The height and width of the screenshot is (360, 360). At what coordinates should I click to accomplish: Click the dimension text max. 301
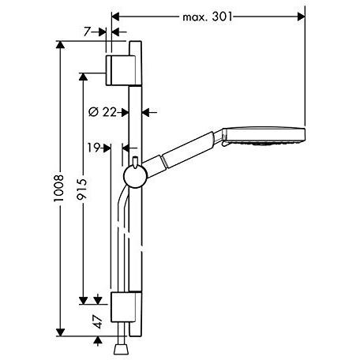tap(208, 15)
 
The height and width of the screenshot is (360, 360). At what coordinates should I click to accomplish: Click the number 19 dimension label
tap(94, 146)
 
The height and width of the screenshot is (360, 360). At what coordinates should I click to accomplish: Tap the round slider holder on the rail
tap(136, 176)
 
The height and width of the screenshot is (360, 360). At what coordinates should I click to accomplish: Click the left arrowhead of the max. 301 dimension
tap(115, 15)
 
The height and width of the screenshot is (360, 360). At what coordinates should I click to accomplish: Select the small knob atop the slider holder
tap(136, 161)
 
